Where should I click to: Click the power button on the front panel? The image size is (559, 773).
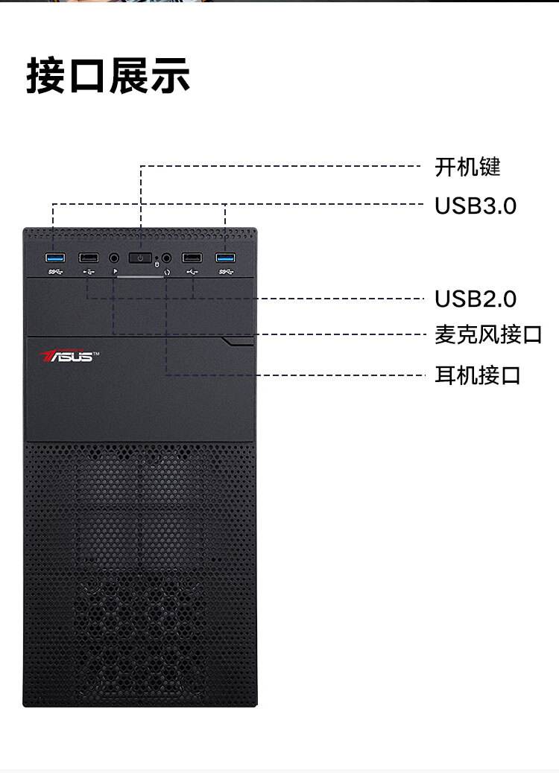[140, 258]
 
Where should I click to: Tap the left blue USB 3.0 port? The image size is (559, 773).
[55, 258]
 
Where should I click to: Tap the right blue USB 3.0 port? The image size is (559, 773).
[226, 258]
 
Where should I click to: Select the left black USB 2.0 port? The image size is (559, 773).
[89, 258]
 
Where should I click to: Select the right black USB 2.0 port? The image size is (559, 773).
[192, 258]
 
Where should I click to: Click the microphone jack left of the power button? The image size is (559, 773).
[115, 258]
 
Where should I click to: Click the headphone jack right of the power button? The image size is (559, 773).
[167, 258]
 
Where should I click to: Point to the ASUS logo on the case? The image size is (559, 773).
[69, 355]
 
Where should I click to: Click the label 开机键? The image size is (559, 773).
[468, 167]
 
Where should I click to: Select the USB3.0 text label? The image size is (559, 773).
[476, 206]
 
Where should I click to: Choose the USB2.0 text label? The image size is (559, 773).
[476, 299]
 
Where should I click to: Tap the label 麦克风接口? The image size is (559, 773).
[488, 334]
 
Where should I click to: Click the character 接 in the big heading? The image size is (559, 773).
[46, 75]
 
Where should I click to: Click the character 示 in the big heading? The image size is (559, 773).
[170, 75]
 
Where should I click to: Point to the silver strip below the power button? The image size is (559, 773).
[140, 276]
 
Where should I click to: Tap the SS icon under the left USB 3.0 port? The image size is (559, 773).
[55, 272]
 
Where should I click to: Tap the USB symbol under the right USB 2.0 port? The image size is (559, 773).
[192, 272]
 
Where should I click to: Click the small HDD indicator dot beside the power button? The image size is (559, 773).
[157, 258]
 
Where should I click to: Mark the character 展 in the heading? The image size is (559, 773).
[129, 75]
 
